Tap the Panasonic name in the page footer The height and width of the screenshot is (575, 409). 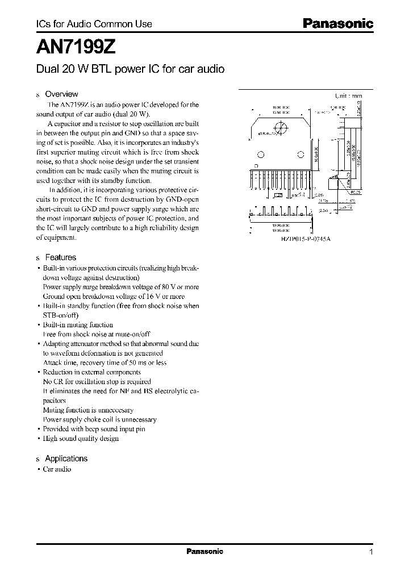tap(205, 551)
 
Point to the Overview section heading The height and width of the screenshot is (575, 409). tap(61, 94)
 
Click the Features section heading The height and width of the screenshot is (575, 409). tap(60, 257)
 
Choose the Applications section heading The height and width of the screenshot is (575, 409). tap(66, 459)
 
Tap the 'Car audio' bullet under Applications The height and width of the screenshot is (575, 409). tap(57, 469)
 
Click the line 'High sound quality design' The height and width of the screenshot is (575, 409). tap(81, 439)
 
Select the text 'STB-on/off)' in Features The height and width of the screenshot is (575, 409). tap(60, 315)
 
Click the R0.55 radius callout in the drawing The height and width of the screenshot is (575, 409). tap(355, 193)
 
